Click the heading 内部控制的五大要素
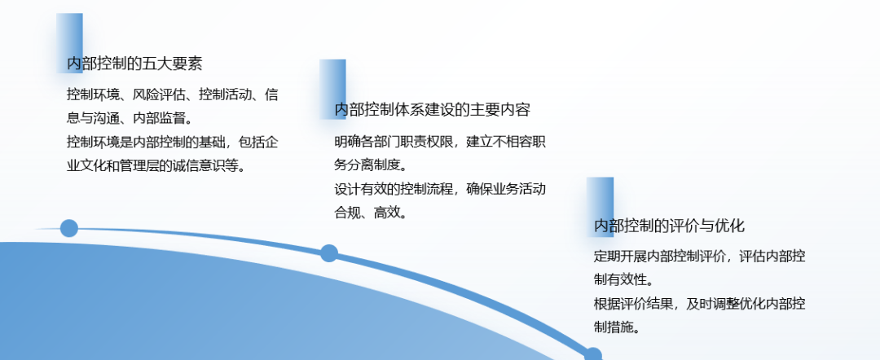[x=134, y=64]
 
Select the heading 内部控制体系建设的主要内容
[x=432, y=109]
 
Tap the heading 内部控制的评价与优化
[x=669, y=226]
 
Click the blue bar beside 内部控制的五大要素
[x=69, y=43]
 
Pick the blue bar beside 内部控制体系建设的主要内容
[x=332, y=89]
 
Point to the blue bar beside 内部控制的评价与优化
[x=600, y=207]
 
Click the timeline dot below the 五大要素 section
[x=69, y=228]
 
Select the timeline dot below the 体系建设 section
[x=329, y=253]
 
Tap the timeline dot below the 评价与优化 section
[x=592, y=355]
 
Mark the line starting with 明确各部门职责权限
[x=440, y=141]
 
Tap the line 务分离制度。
[x=371, y=165]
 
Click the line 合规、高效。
[x=371, y=213]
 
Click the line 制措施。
[x=617, y=327]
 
